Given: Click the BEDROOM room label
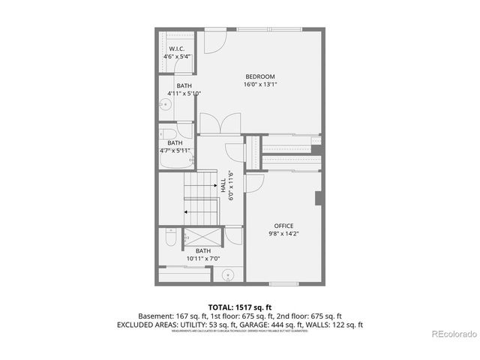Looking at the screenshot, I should [260, 76].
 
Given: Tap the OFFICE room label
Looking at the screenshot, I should [283, 226].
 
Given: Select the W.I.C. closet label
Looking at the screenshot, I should [177, 49].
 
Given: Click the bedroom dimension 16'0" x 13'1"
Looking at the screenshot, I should [260, 85].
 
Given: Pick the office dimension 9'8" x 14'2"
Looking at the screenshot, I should [283, 234].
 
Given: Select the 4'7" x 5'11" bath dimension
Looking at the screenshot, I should [175, 151].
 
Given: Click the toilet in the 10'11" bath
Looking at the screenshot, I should [169, 238].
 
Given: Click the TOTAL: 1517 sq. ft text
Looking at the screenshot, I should [240, 307].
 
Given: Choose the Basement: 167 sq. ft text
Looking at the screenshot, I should [170, 316].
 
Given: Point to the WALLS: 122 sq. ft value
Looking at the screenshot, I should [337, 325].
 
